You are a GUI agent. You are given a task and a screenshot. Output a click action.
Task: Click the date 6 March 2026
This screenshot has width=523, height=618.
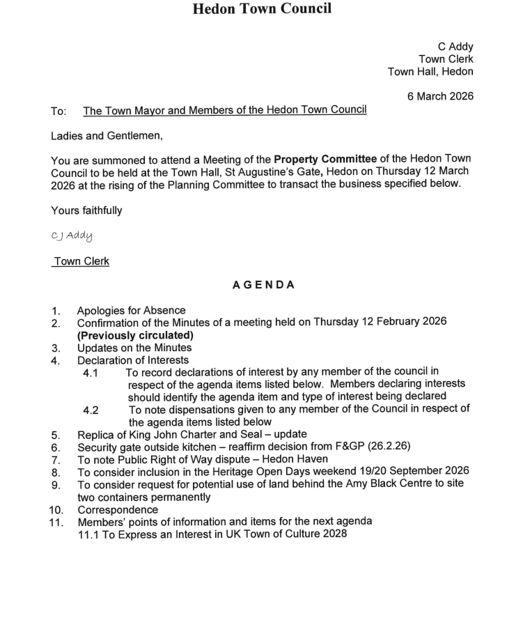(x=440, y=96)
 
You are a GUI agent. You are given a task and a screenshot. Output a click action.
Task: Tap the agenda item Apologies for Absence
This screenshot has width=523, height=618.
(x=131, y=311)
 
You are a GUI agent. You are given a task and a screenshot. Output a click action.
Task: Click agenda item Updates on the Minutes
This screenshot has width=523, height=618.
(x=134, y=348)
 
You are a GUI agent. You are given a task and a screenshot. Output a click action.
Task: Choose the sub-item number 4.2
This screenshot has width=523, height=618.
(x=91, y=410)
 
